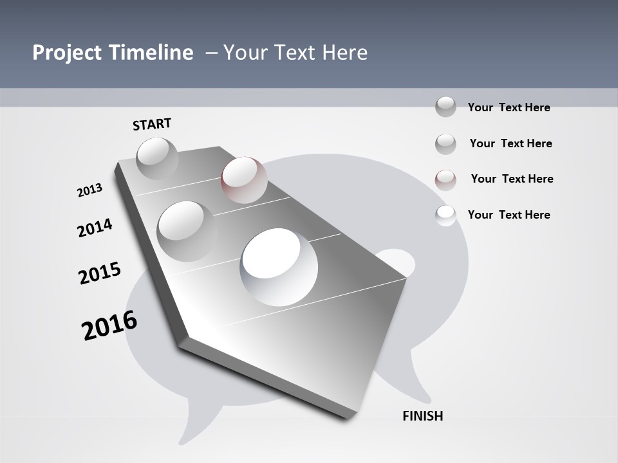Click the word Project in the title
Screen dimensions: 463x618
[x=64, y=53]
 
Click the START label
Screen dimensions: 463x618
[x=152, y=124]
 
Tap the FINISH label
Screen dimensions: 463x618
[x=423, y=416]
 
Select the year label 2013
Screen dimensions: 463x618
[x=89, y=190]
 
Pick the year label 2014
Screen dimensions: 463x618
[x=95, y=228]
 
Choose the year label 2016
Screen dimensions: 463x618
[x=109, y=325]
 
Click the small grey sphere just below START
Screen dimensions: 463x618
[x=157, y=158]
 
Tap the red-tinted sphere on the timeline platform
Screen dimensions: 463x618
[x=244, y=179]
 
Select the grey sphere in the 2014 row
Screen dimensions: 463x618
[x=187, y=231]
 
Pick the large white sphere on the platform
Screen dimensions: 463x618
[x=279, y=266]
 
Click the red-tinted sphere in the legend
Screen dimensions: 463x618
[x=445, y=179]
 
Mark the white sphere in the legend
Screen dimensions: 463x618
[x=445, y=215]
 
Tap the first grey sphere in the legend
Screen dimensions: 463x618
[x=445, y=107]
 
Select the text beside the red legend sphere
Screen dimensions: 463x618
[x=512, y=179]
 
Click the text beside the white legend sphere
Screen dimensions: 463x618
[x=509, y=215]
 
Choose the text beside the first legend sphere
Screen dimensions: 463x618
[x=509, y=107]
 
